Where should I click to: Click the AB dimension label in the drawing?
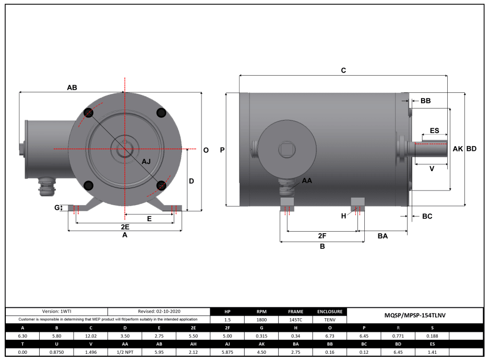coord(72,88)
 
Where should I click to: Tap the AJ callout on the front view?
coord(147,162)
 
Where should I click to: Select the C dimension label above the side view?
coord(343,70)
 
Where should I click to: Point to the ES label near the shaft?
coord(434,130)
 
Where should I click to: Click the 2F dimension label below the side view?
coord(322,236)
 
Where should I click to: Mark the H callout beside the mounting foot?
coord(343,215)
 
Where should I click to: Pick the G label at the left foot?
coord(57,208)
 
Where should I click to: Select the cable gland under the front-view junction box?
coord(46,186)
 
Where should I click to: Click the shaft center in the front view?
coord(124,149)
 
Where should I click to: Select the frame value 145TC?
coord(295,320)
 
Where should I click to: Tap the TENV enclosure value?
coord(329,320)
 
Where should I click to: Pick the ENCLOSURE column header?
coord(329,311)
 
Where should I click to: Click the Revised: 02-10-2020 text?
coord(159,311)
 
